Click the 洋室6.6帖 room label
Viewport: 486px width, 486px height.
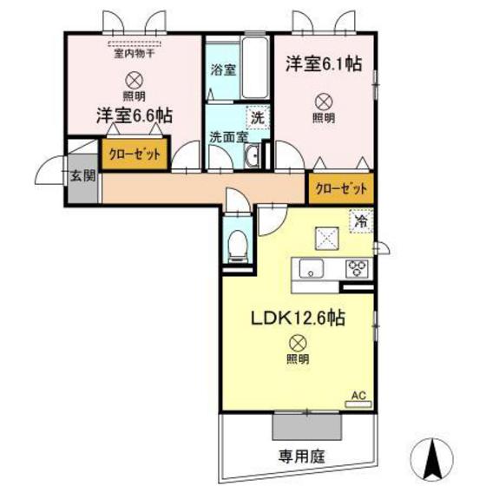tap(133, 115)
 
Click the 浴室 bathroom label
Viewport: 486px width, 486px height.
tap(222, 69)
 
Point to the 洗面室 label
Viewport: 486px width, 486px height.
tap(226, 136)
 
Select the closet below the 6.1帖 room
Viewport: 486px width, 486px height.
tap(340, 188)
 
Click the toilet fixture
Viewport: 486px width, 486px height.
tap(235, 244)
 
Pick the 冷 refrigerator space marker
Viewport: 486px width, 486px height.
tap(362, 221)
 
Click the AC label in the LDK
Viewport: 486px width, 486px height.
tap(358, 396)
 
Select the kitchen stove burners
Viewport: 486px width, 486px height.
tap(356, 268)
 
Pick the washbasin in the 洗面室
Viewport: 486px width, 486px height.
tap(252, 156)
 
